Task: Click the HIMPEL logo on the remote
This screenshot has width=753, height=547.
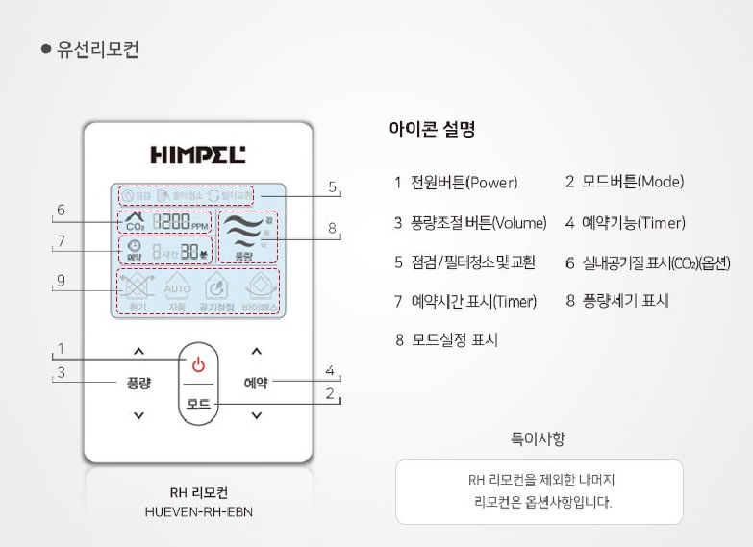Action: coord(198,154)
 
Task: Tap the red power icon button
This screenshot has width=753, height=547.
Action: coord(198,364)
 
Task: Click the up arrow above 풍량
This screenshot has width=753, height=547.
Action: coord(138,351)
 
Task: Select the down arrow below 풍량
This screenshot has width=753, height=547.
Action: coord(138,415)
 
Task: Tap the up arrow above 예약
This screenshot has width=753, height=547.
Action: coord(256,351)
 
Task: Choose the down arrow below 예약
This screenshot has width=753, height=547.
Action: coord(256,415)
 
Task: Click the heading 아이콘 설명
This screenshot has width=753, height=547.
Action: coord(432,129)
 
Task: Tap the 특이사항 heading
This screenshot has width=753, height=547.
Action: coord(538,439)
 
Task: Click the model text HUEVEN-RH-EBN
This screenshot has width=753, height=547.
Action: coord(198,511)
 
